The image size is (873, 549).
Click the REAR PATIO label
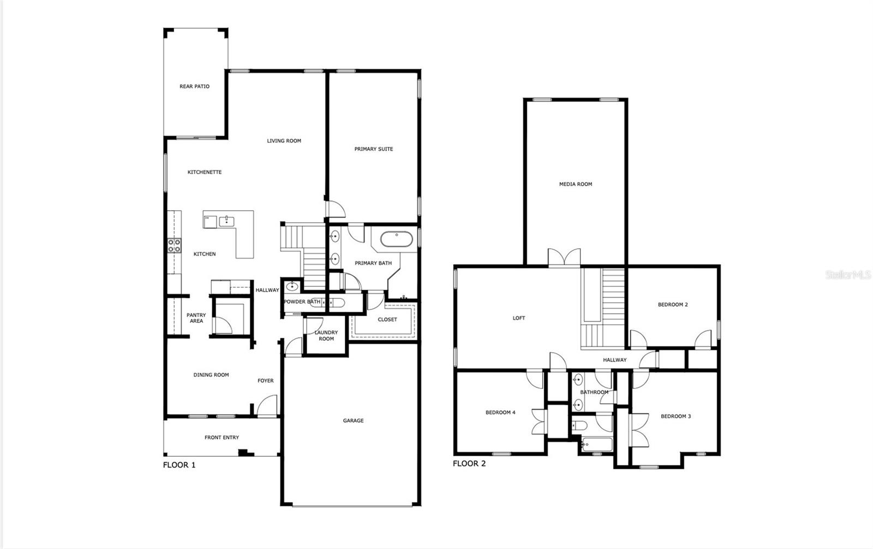coord(194,86)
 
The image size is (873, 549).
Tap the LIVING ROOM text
coord(284,141)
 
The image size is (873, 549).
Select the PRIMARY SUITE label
coord(373,149)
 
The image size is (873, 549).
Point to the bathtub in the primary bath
coord(396,239)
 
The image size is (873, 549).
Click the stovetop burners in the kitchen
coord(174,246)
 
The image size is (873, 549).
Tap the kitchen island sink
coord(226,222)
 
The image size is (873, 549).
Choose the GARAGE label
coord(353,420)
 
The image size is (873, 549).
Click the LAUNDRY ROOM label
coord(326,336)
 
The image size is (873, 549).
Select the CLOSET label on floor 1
coord(387,319)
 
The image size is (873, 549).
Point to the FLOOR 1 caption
coord(180,465)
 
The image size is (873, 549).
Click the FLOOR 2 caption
coord(469,464)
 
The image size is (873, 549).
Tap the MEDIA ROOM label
coord(576,184)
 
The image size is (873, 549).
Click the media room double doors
coord(564,257)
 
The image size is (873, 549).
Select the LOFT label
coord(519,318)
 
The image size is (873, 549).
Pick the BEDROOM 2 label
coord(673,305)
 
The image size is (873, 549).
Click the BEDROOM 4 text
coord(500,413)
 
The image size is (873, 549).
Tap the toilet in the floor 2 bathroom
coord(579,426)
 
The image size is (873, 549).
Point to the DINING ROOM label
coord(211,375)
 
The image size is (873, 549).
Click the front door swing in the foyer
coord(267,405)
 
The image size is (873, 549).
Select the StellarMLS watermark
coord(848,275)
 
